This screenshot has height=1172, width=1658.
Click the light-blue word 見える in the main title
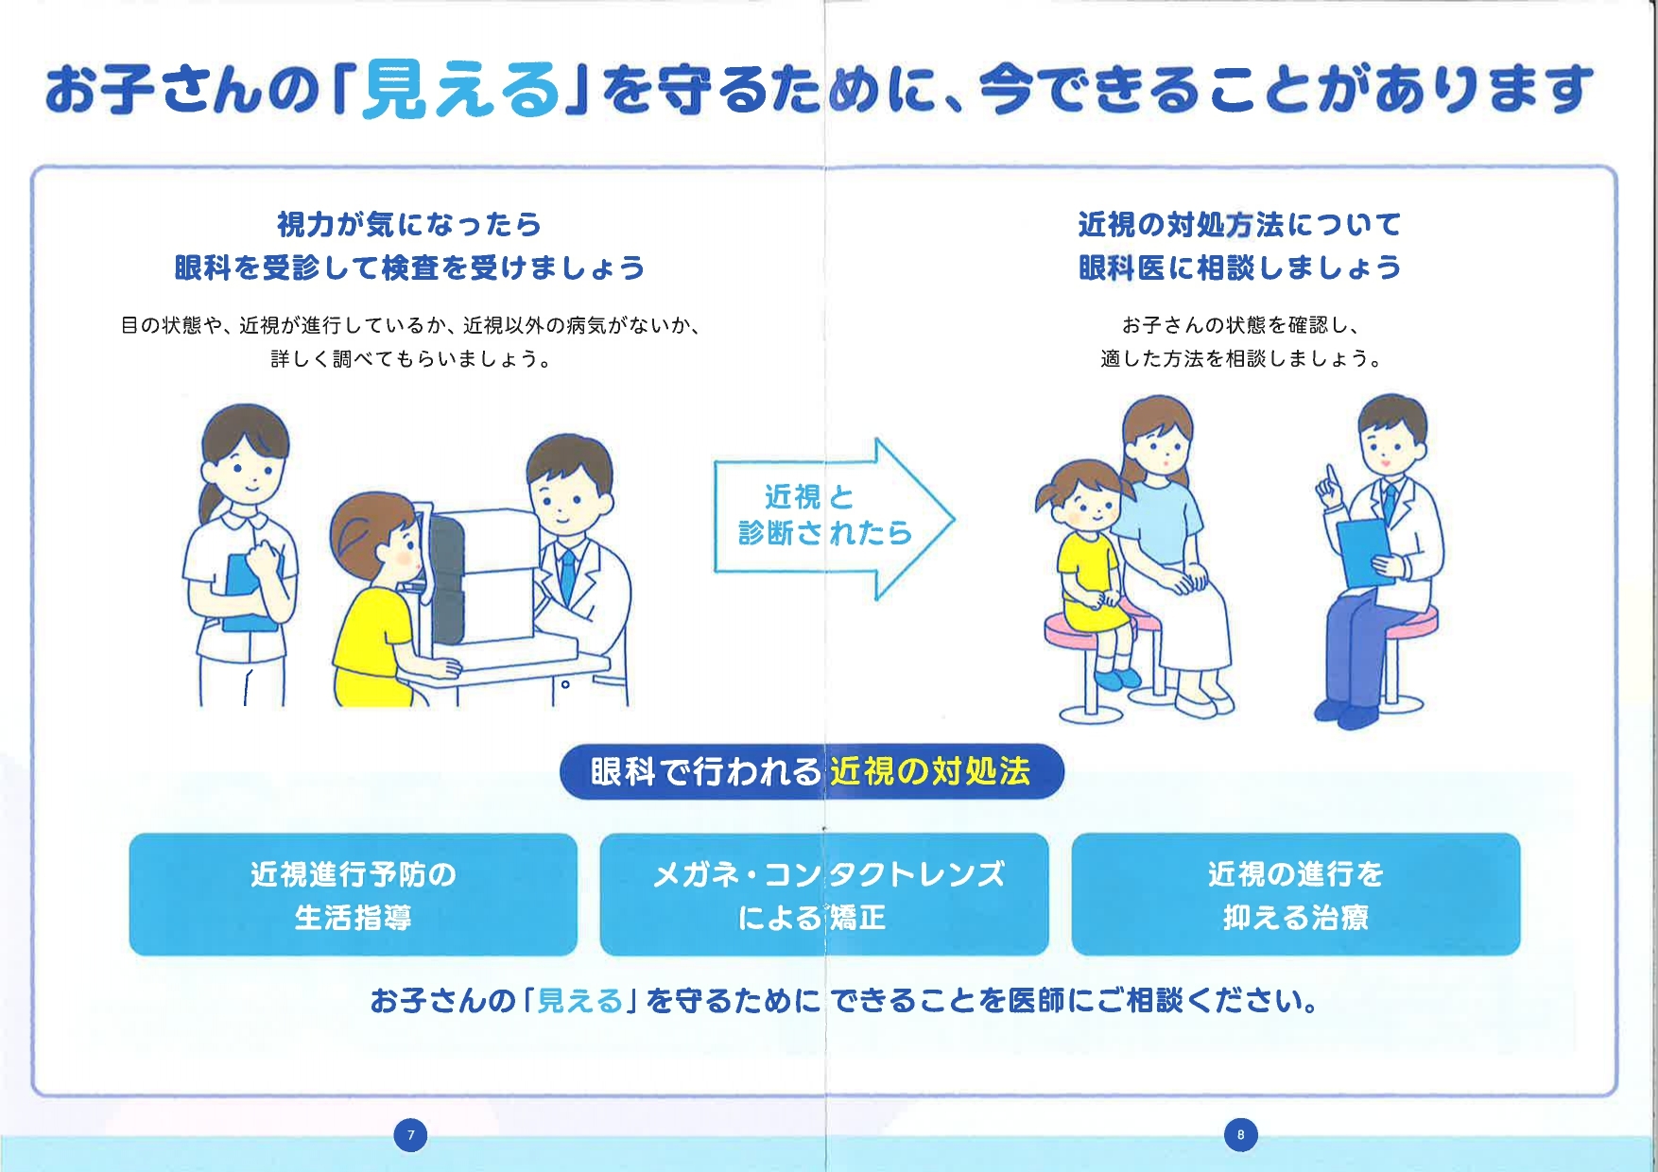(x=461, y=90)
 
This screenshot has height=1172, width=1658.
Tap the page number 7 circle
(x=410, y=1134)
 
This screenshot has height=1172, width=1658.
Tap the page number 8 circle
(x=1241, y=1134)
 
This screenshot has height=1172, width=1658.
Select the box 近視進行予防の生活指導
(x=353, y=894)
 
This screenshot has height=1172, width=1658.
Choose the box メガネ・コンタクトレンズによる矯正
(x=824, y=894)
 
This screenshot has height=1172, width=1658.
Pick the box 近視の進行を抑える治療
(x=1296, y=894)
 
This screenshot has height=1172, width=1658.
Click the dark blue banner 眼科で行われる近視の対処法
(x=812, y=771)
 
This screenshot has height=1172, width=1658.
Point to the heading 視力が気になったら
(x=409, y=224)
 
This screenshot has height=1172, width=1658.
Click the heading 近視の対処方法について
(x=1240, y=224)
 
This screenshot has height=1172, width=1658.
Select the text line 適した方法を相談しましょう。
(x=1241, y=358)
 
